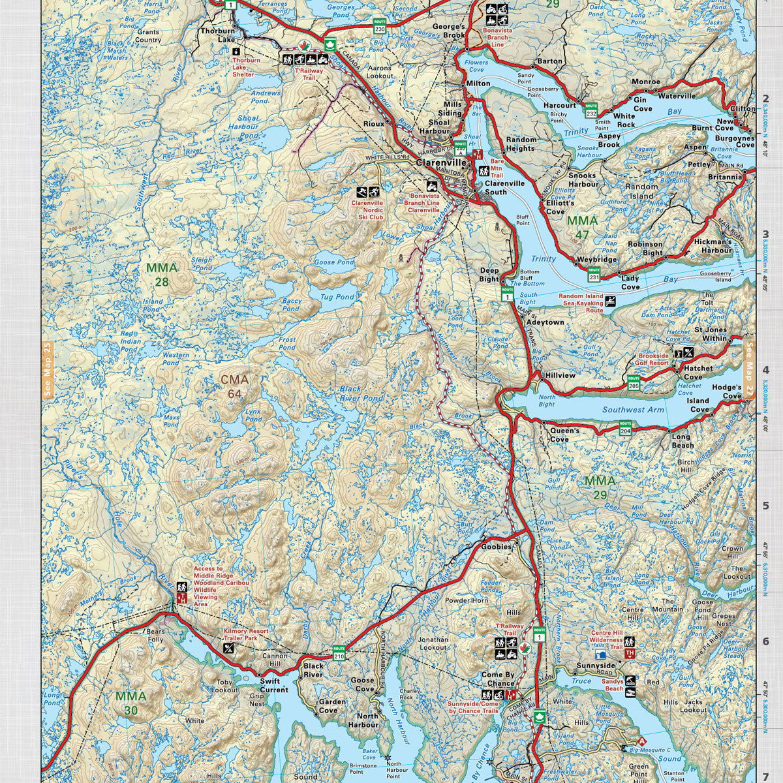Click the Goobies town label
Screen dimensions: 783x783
point(497,547)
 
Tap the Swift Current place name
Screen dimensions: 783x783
point(273,685)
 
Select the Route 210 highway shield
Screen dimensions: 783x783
point(339,651)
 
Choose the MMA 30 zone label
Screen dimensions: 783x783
point(130,703)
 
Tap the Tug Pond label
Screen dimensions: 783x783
point(337,297)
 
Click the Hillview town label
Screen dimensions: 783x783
point(560,376)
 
